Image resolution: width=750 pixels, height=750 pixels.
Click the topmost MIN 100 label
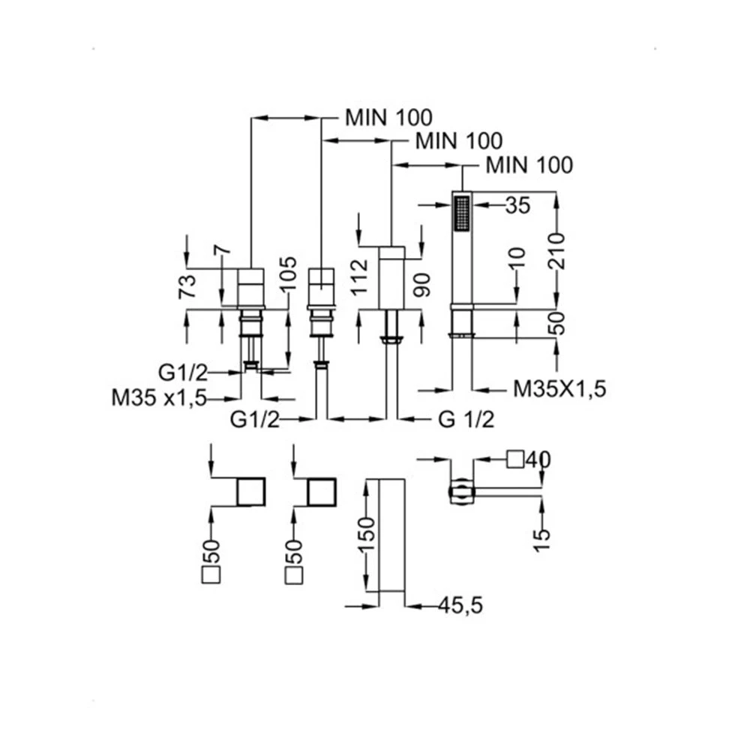(x=388, y=117)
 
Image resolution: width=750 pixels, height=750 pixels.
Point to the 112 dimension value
(x=361, y=275)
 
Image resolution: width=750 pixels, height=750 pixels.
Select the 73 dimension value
(x=188, y=288)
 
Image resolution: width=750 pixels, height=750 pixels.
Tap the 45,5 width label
(x=451, y=604)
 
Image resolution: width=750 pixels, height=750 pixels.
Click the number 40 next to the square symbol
(x=538, y=459)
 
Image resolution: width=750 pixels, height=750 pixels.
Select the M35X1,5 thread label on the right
(x=559, y=388)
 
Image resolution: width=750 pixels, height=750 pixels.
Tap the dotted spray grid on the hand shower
(x=460, y=212)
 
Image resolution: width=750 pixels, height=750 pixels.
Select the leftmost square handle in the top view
(x=251, y=492)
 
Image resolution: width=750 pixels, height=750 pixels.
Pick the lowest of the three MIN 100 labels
(x=529, y=164)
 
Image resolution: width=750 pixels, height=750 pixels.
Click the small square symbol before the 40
(x=514, y=458)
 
